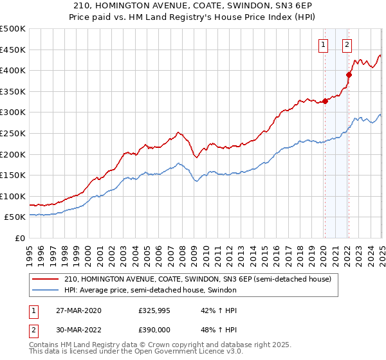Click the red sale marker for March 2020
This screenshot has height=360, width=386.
326,101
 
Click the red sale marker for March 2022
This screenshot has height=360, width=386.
349,75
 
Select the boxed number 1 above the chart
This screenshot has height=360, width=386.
322,44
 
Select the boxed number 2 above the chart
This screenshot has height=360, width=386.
347,44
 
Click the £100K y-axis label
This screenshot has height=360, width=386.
13,196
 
